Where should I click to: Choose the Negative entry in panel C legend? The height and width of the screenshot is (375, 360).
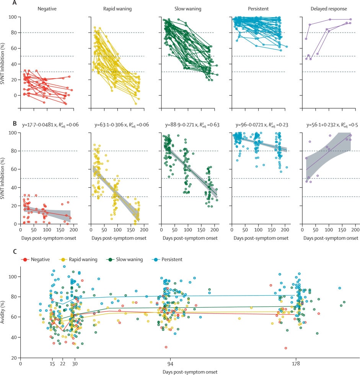coord(37,259)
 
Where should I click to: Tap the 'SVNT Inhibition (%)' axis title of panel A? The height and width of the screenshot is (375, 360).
coord(3,56)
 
